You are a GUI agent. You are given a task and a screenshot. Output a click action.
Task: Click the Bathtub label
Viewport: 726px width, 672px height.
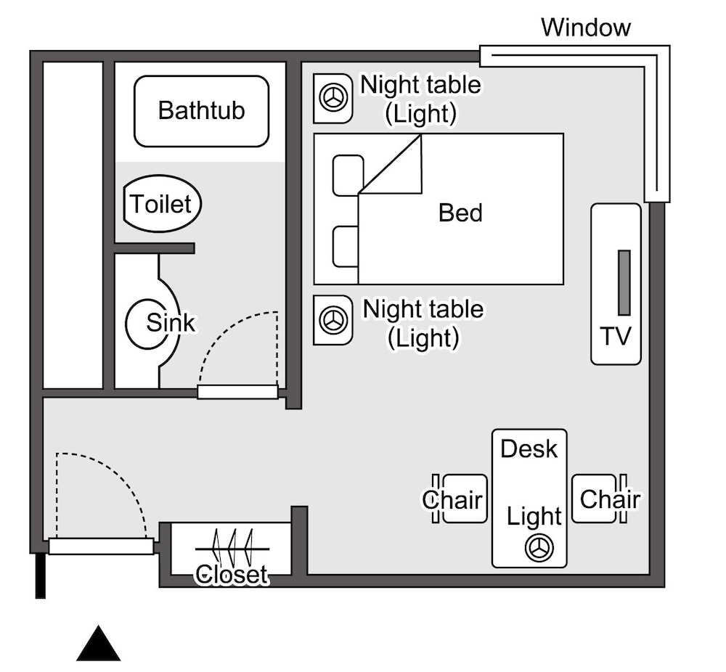[201, 111]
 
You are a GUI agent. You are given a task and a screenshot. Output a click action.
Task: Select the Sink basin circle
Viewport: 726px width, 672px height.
[152, 323]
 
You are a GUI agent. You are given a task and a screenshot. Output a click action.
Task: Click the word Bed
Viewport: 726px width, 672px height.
[460, 213]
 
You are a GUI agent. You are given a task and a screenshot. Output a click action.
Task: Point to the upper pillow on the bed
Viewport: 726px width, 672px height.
[348, 175]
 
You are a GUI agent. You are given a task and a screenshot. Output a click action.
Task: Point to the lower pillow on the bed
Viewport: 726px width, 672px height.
[346, 247]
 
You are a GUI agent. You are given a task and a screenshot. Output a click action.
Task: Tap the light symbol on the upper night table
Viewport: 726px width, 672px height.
[333, 98]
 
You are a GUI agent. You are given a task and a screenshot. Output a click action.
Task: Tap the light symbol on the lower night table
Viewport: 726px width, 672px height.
[333, 320]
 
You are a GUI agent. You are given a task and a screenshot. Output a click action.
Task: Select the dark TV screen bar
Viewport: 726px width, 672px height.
[624, 283]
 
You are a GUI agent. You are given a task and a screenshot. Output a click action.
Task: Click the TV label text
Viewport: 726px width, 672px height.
[616, 337]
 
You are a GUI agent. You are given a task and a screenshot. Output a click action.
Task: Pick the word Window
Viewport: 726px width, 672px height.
[586, 28]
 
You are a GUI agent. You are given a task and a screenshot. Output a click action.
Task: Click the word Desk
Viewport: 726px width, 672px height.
[529, 448]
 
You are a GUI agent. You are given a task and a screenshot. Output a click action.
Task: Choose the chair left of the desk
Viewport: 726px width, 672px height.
[462, 499]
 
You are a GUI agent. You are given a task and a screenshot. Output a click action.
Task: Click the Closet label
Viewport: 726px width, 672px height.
[232, 575]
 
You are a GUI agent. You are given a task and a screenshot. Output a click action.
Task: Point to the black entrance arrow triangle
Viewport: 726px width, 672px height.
[98, 644]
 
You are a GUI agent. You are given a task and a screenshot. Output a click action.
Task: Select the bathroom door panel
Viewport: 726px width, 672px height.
[237, 392]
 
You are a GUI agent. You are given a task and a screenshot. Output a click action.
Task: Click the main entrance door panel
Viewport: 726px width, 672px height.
[101, 546]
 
